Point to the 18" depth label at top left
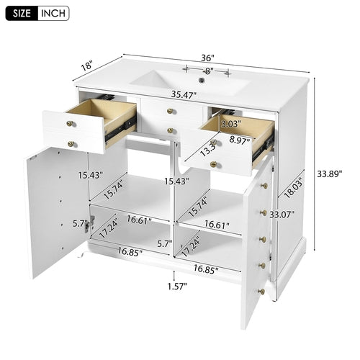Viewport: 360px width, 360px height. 88,66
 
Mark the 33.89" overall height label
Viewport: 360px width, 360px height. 329,174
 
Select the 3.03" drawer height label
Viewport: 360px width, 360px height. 231,123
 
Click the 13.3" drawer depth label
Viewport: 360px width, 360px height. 209,150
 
